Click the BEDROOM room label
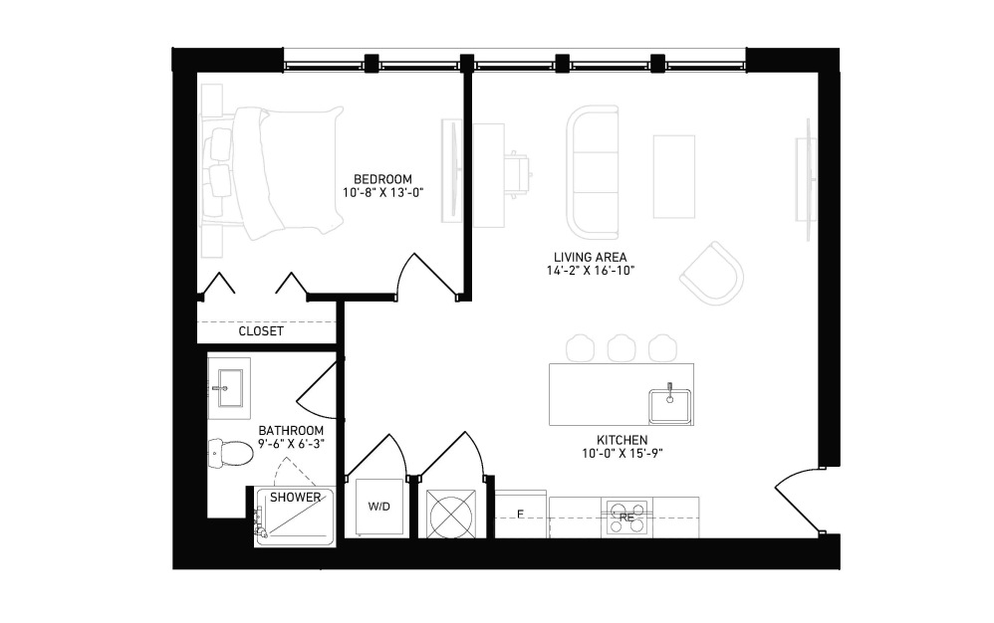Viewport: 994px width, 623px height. pyautogui.click(x=382, y=179)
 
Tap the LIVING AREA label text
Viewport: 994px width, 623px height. pyautogui.click(x=591, y=257)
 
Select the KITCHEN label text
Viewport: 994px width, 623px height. pyautogui.click(x=621, y=440)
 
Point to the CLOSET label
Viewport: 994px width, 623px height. pyautogui.click(x=261, y=331)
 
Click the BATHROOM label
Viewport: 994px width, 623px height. pyautogui.click(x=291, y=431)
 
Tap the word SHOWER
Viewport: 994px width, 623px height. pyautogui.click(x=296, y=498)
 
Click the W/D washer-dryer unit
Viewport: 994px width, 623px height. pyautogui.click(x=379, y=508)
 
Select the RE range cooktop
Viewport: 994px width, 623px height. pyautogui.click(x=626, y=518)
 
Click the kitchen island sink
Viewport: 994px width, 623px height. pyautogui.click(x=669, y=405)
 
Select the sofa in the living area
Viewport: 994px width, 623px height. pyautogui.click(x=592, y=171)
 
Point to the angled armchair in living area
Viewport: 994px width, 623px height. pyautogui.click(x=712, y=274)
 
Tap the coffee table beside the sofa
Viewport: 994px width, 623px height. pyautogui.click(x=674, y=176)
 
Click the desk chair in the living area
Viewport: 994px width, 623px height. pyautogui.click(x=519, y=172)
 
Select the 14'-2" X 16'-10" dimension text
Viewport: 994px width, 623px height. pyautogui.click(x=591, y=271)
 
